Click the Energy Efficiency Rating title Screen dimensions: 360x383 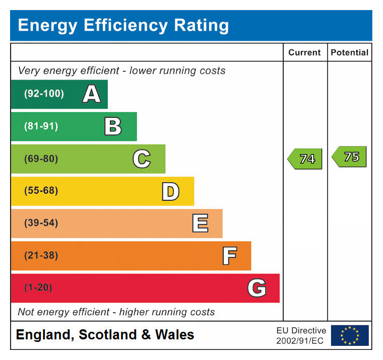point(123,25)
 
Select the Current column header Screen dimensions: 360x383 point(304,52)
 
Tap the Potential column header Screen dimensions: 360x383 point(349,52)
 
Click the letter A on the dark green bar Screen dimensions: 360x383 point(91,94)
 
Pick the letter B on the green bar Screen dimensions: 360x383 point(113,126)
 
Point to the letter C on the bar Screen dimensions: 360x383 point(142,159)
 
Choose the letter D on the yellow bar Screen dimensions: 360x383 point(170,191)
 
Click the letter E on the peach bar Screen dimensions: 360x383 point(200,224)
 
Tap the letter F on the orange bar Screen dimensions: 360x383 point(229,256)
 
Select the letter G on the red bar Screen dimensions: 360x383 point(257,288)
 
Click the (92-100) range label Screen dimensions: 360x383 point(44,94)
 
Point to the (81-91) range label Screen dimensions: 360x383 point(41,126)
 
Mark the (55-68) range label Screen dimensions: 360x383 point(41,191)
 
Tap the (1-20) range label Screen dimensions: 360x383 point(38,288)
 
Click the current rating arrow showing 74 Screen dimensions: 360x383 point(305,159)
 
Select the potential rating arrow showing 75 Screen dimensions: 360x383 point(350,157)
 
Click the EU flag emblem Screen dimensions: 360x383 point(350,335)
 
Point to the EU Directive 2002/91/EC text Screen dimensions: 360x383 point(301,335)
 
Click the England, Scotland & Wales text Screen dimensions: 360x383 point(105,335)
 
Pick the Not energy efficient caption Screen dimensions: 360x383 point(116,312)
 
